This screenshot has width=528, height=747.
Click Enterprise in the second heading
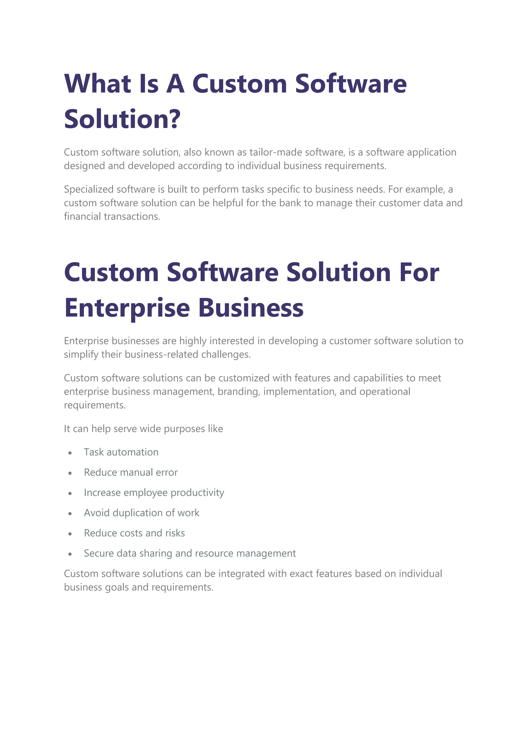pos(127,308)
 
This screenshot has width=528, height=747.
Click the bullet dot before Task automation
pos(70,453)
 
